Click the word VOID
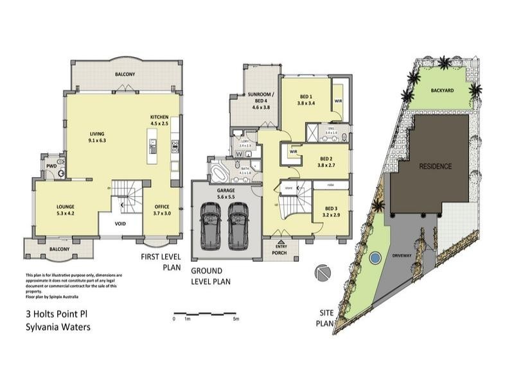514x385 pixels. [120, 224]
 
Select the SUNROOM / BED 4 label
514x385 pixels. [255, 101]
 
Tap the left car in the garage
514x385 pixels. [209, 226]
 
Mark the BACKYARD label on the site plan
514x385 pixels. [443, 91]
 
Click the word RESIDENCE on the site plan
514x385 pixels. [436, 166]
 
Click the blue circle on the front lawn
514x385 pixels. [375, 259]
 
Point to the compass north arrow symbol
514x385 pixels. [321, 272]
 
